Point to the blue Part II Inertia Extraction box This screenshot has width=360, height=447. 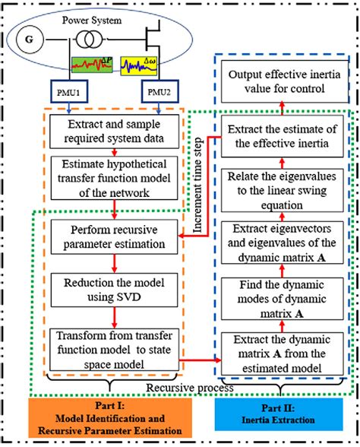click(x=280, y=417)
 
